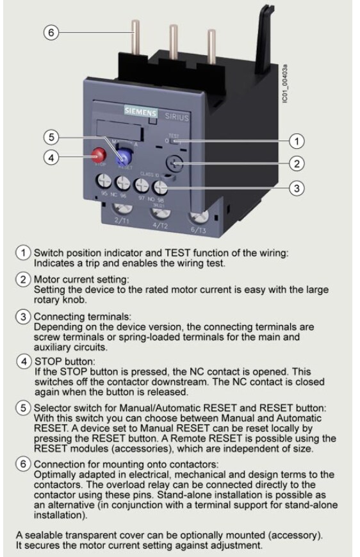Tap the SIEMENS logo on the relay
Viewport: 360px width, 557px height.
[140, 113]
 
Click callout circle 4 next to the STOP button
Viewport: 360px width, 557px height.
[53, 156]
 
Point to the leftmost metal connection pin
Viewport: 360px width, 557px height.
[136, 38]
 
